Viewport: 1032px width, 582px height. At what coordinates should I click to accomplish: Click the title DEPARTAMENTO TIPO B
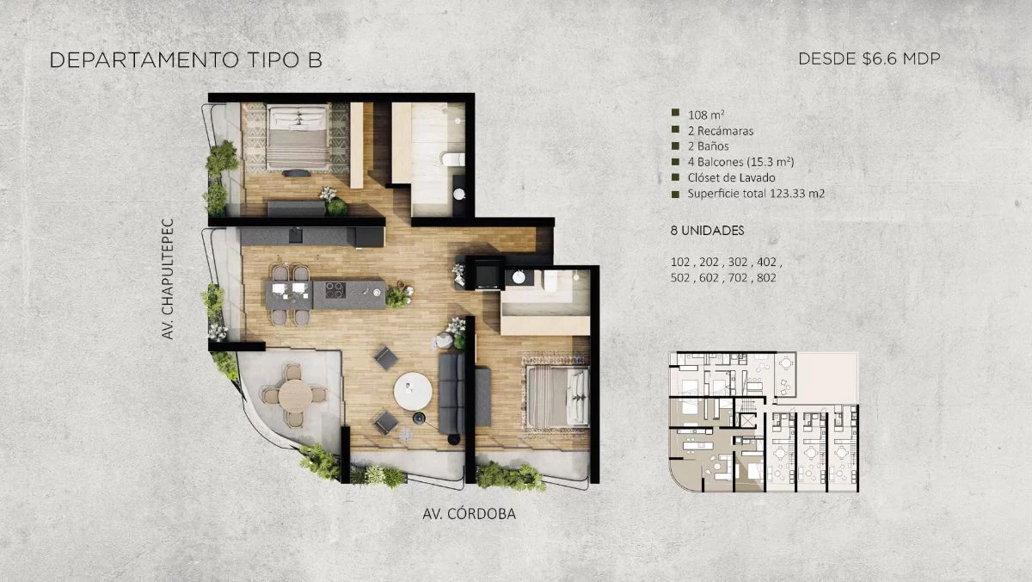pos(186,60)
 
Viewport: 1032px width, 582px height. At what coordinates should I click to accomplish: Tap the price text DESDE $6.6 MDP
pos(869,59)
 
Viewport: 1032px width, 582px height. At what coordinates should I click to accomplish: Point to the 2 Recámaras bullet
pos(721,131)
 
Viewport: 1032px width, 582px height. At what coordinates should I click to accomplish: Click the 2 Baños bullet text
pos(708,146)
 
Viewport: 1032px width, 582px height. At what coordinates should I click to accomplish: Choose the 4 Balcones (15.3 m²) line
pos(740,162)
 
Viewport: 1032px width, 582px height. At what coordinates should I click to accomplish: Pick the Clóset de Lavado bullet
pos(731,177)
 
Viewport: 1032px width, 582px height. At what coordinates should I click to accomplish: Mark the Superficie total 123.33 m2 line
pos(756,193)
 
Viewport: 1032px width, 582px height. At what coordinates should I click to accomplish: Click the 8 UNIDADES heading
pos(707,231)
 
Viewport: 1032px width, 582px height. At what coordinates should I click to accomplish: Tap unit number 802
pos(766,277)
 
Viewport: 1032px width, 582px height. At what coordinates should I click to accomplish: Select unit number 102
pos(680,262)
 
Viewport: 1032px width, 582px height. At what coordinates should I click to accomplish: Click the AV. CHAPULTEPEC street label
pos(167,279)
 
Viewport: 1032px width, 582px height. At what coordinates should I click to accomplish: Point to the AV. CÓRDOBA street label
pos(469,514)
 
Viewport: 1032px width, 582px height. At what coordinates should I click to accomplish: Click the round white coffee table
pos(413,391)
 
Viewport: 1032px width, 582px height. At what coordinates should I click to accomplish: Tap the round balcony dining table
pos(295,395)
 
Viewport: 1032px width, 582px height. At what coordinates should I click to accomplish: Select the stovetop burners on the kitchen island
pos(335,290)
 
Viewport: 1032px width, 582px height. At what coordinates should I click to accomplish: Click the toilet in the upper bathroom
pos(453,159)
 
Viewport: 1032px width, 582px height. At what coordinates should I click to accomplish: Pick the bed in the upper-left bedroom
pos(298,138)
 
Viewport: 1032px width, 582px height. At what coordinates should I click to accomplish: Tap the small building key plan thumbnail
pos(764,422)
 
